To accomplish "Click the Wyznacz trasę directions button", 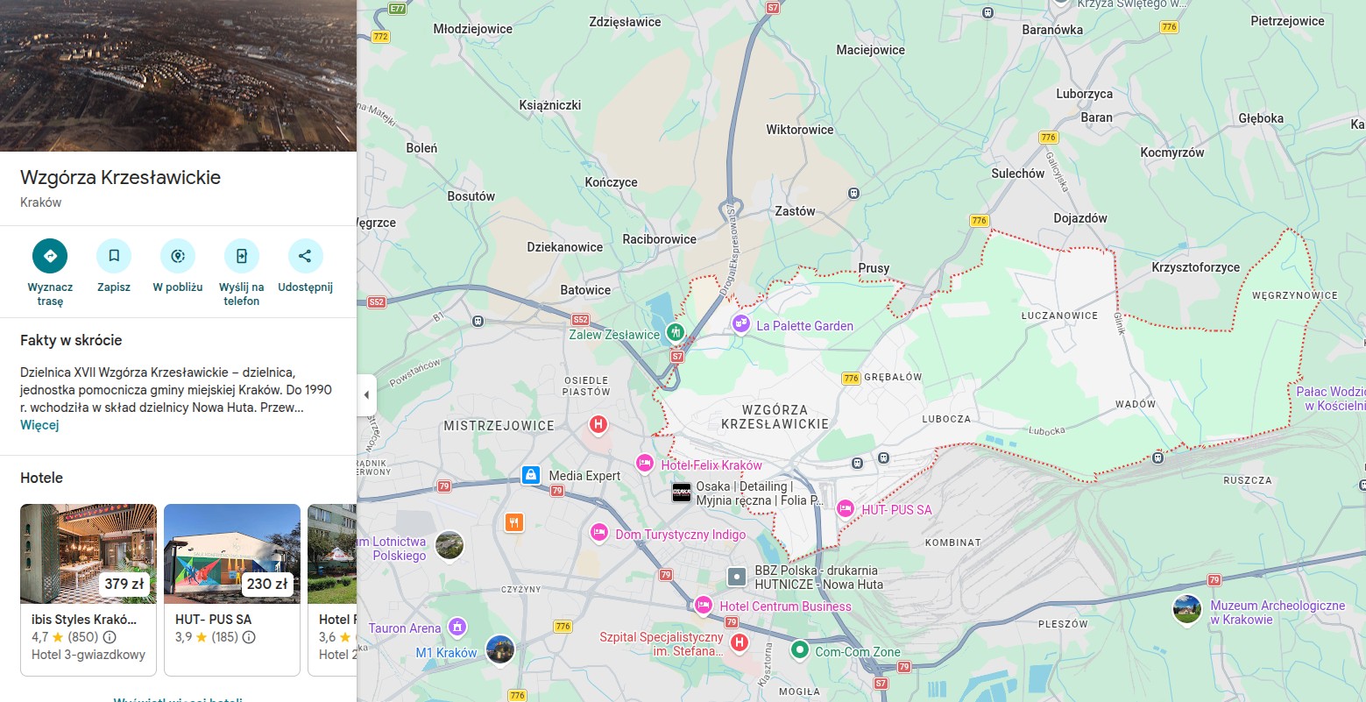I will coord(50,256).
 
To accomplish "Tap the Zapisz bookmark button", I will coord(114,256).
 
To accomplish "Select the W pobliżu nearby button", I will coord(178,256).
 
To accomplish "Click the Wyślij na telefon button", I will coord(241,256).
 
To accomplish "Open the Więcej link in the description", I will coord(39,425).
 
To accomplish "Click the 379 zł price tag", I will coord(124,584).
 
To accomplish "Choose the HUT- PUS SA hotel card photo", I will coord(232,554).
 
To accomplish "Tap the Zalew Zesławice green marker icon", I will coord(675,332).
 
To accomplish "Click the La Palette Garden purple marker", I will coord(741,324).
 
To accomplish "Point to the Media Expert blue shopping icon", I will coord(530,475).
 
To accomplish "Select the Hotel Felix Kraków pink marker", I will coord(644,463).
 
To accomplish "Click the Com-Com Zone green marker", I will coord(799,650).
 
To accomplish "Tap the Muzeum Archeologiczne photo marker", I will coord(1187,609).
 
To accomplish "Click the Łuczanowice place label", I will coord(1059,316).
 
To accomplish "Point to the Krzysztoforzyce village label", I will coord(1195,267).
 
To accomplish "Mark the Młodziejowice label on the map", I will coord(472,29).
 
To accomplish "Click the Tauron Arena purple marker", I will coord(456,627).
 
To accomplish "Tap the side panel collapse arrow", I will coord(366,395).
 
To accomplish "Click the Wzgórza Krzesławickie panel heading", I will coord(120,177).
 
